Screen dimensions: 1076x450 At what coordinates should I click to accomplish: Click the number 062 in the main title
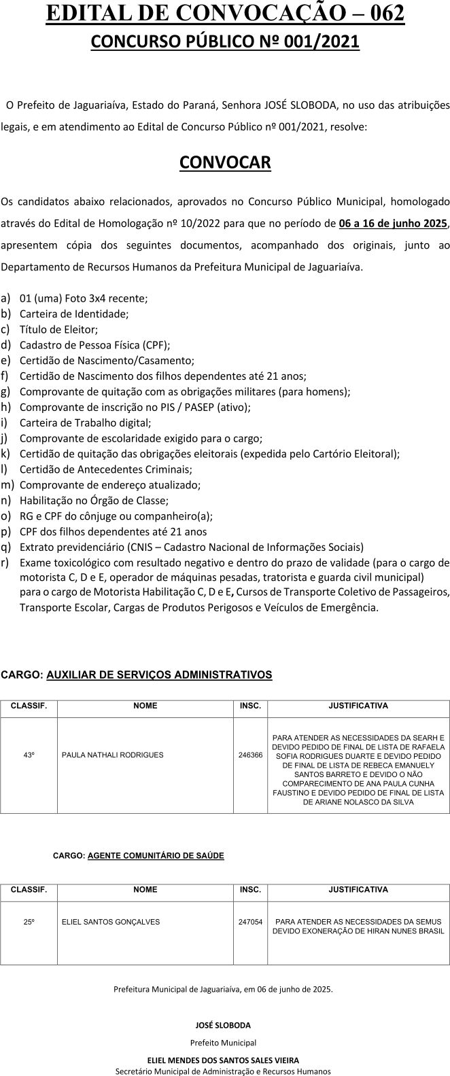(381, 14)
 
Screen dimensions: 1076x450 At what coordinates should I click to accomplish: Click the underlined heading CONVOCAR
(225, 163)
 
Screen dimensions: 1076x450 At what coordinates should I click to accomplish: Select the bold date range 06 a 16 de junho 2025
(393, 222)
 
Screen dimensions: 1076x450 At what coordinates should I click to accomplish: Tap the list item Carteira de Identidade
(74, 314)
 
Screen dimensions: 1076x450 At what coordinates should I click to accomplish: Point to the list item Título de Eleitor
(58, 329)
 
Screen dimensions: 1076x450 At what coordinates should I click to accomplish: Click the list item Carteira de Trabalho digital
(85, 423)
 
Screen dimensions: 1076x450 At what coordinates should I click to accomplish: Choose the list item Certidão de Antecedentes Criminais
(105, 469)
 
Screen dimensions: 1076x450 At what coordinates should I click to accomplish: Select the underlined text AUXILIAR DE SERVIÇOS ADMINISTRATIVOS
(159, 675)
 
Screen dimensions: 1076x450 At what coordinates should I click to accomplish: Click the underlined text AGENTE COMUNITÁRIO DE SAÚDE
(156, 855)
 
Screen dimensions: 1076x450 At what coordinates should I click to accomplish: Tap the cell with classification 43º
(29, 755)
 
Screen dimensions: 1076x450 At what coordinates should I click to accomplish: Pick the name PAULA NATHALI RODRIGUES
(112, 755)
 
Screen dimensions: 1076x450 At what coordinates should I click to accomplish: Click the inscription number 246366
(250, 755)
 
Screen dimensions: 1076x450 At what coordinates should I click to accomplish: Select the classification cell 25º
(29, 922)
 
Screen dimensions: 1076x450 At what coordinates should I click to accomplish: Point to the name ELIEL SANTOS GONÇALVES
(111, 922)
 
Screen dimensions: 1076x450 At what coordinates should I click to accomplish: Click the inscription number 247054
(250, 922)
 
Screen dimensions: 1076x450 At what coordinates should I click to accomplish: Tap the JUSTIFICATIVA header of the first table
(358, 706)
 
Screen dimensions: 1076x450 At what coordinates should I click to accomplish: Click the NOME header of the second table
(145, 889)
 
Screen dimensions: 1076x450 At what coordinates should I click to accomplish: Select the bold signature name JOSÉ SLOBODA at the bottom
(224, 1025)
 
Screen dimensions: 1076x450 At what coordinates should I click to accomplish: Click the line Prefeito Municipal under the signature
(224, 1042)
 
